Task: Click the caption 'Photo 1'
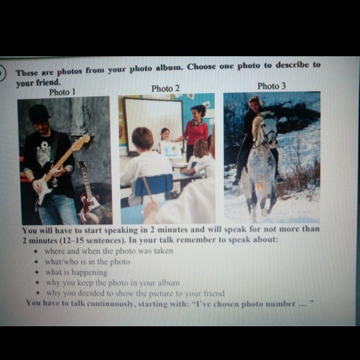[62, 92]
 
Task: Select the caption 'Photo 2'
[165, 88]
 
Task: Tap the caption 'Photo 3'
[271, 86]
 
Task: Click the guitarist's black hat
[38, 113]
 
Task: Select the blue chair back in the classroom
[154, 185]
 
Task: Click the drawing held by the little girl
[171, 149]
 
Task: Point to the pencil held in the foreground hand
[148, 190]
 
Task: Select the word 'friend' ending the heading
[48, 83]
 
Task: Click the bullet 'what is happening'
[76, 272]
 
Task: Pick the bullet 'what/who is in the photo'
[88, 262]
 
